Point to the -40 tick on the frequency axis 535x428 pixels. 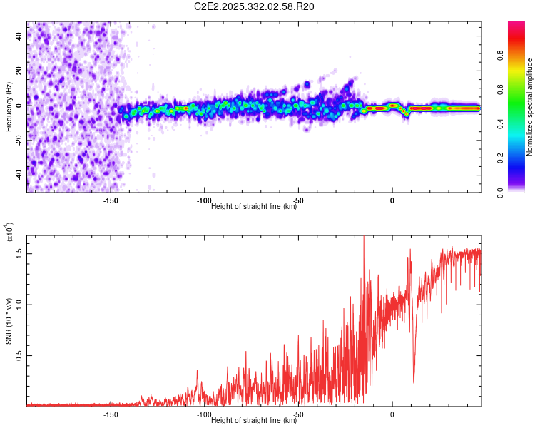(x=19, y=175)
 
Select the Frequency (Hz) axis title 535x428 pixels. (x=9, y=107)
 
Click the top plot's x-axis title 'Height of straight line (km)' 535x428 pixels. (x=254, y=207)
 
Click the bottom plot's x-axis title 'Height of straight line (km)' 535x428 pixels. (x=254, y=421)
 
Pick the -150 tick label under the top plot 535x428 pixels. (x=110, y=200)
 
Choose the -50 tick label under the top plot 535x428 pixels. (x=298, y=200)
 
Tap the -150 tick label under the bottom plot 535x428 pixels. (x=110, y=414)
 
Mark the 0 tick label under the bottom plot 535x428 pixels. (x=392, y=414)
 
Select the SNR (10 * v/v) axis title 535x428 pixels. (x=9, y=314)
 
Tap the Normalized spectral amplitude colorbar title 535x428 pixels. (x=530, y=107)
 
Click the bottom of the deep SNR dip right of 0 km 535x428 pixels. (x=414, y=382)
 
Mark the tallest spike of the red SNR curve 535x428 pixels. (x=364, y=236)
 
